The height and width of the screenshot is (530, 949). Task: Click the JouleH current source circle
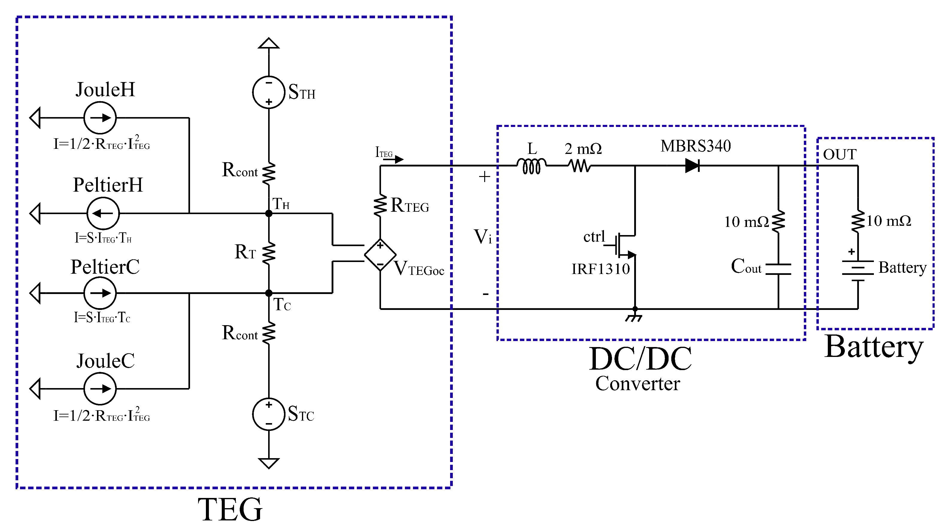[x=100, y=118]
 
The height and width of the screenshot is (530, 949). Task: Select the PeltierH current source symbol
[x=103, y=213]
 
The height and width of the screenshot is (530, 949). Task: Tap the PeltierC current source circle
[x=100, y=293]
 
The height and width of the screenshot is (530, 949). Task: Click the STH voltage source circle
[x=268, y=92]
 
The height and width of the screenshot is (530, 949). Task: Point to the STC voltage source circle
[x=268, y=414]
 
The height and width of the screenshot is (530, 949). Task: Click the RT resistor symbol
[x=268, y=253]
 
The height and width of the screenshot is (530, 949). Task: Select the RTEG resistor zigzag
[x=380, y=206]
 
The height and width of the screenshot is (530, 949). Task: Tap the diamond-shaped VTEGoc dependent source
[x=380, y=255]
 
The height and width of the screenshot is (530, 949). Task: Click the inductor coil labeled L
[x=531, y=166]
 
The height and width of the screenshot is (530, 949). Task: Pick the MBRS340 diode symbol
[x=692, y=166]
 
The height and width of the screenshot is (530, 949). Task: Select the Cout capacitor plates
[x=778, y=269]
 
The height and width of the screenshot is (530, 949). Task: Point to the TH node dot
[x=268, y=213]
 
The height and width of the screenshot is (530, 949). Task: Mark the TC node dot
[x=268, y=293]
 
